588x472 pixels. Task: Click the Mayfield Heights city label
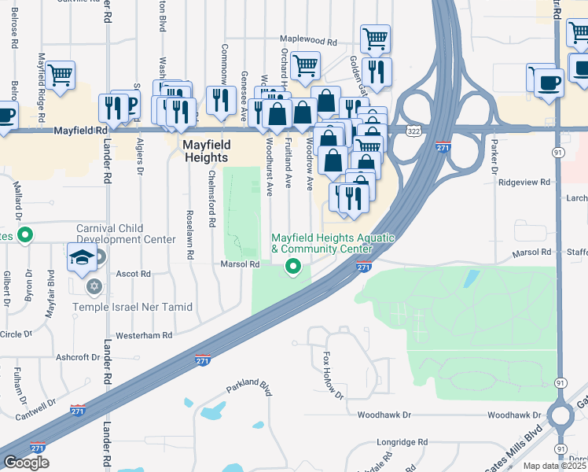point(206,151)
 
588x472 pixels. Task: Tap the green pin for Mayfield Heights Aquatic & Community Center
point(294,267)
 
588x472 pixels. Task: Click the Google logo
point(26,463)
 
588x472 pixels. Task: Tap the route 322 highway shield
point(413,130)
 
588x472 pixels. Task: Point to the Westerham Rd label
point(144,335)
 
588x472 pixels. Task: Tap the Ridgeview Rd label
point(524,182)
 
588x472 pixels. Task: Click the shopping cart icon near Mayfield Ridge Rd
point(60,76)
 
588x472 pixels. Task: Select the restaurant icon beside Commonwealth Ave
point(221,100)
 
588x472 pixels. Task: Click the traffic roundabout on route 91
point(560,415)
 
